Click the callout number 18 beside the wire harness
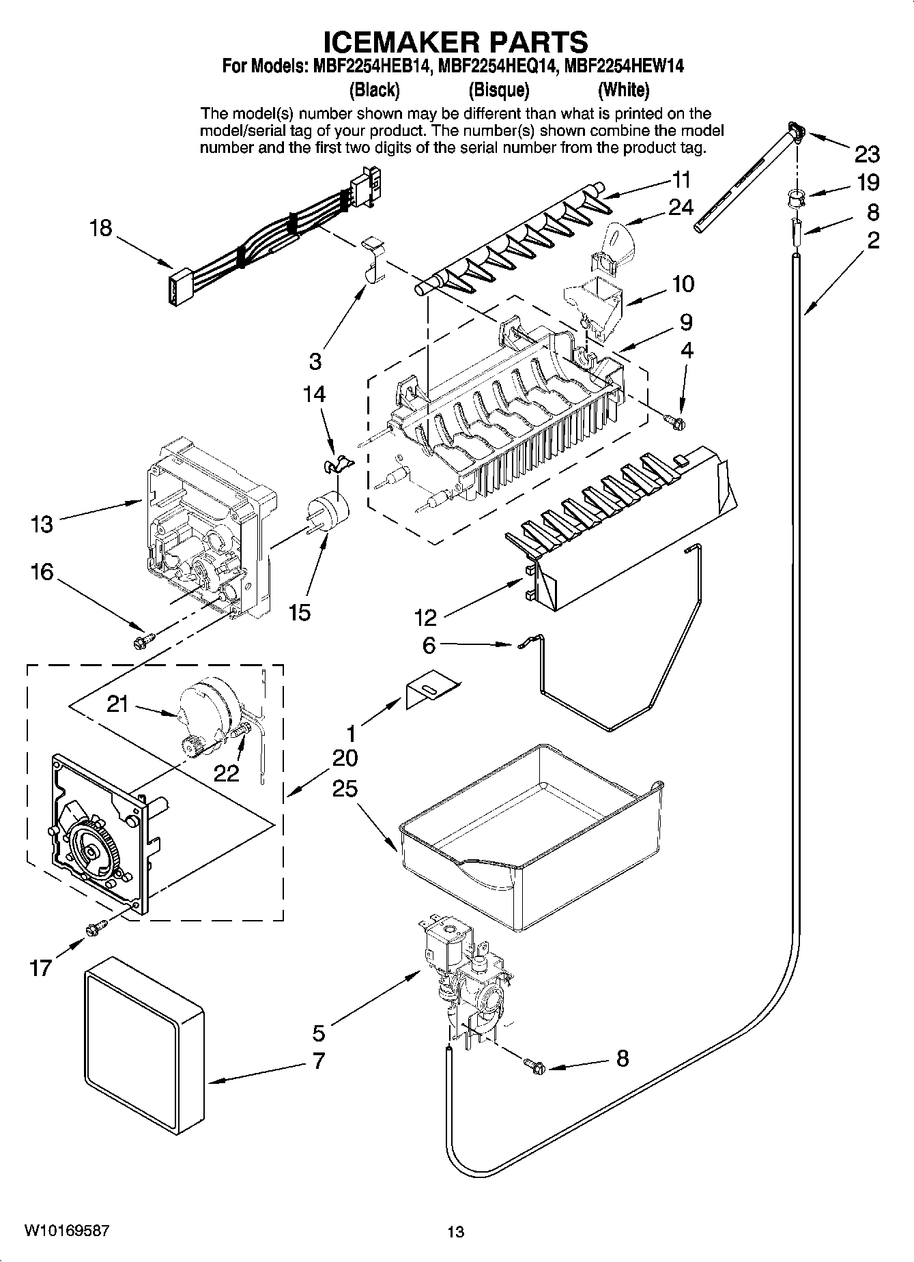click(101, 227)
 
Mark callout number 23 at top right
click(867, 155)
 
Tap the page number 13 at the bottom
click(455, 1232)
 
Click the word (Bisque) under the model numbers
click(499, 89)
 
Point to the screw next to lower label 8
click(534, 1063)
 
